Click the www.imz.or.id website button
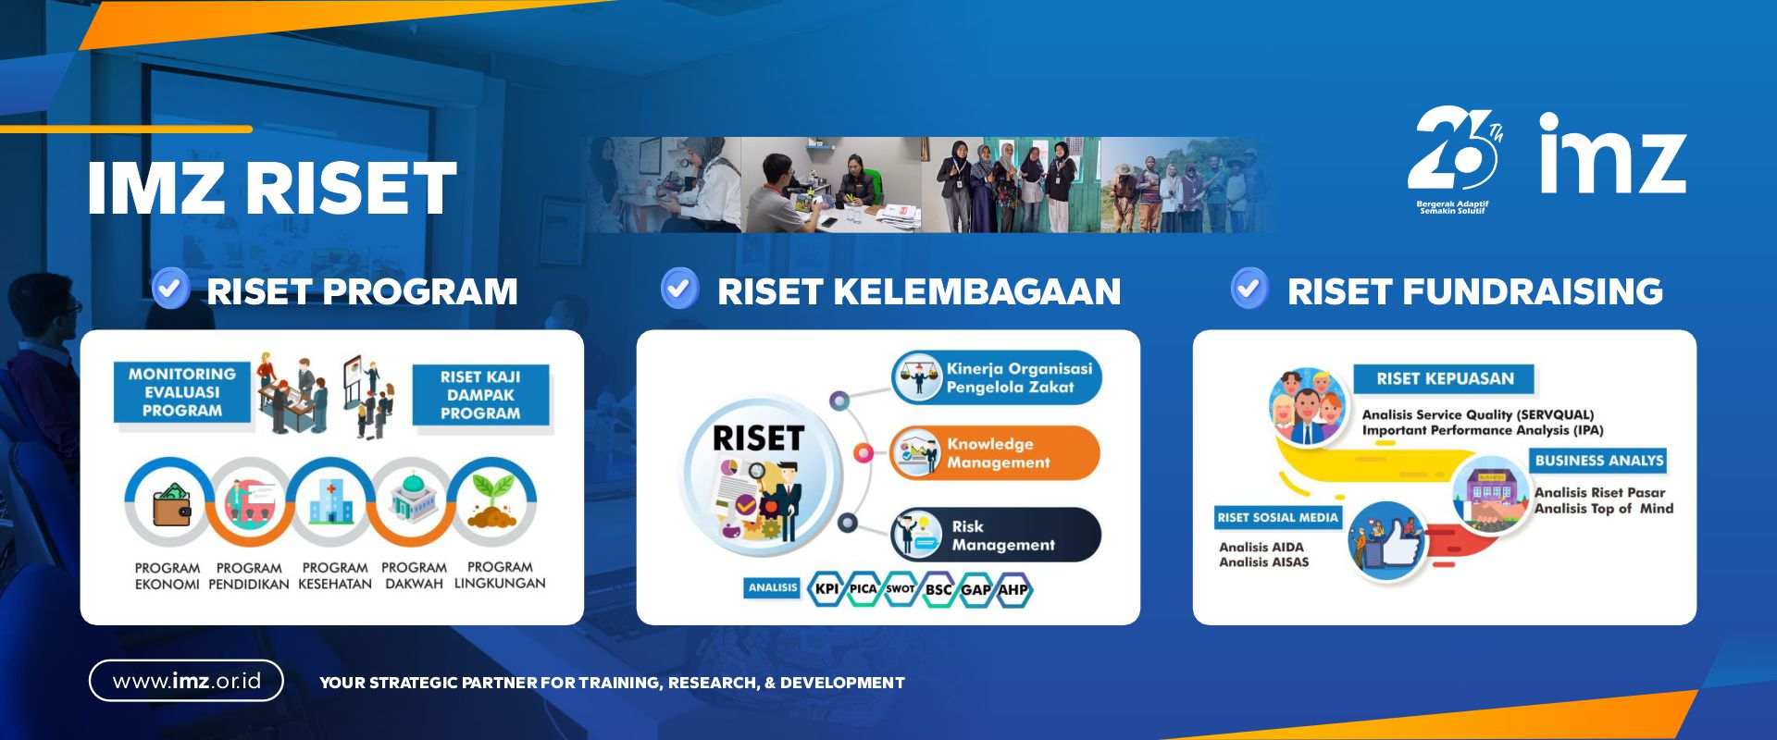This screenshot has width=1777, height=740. (186, 681)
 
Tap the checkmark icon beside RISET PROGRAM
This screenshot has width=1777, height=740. (170, 289)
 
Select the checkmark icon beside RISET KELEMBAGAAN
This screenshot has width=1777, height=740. (679, 289)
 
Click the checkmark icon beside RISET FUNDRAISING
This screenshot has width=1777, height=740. (1249, 289)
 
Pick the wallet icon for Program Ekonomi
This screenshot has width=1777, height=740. (171, 504)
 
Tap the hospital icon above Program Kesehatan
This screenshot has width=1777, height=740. (330, 502)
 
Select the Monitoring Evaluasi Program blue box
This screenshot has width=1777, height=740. (182, 392)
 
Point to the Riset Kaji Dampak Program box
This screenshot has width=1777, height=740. (480, 395)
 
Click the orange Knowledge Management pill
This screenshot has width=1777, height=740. (995, 453)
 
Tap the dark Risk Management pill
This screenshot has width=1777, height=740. (996, 535)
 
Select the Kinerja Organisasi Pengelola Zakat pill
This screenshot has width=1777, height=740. (997, 377)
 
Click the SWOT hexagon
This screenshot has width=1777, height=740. (900, 588)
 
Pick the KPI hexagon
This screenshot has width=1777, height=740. (826, 588)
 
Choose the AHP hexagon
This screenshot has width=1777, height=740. (1013, 588)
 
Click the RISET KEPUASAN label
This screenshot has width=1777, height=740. (1445, 378)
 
